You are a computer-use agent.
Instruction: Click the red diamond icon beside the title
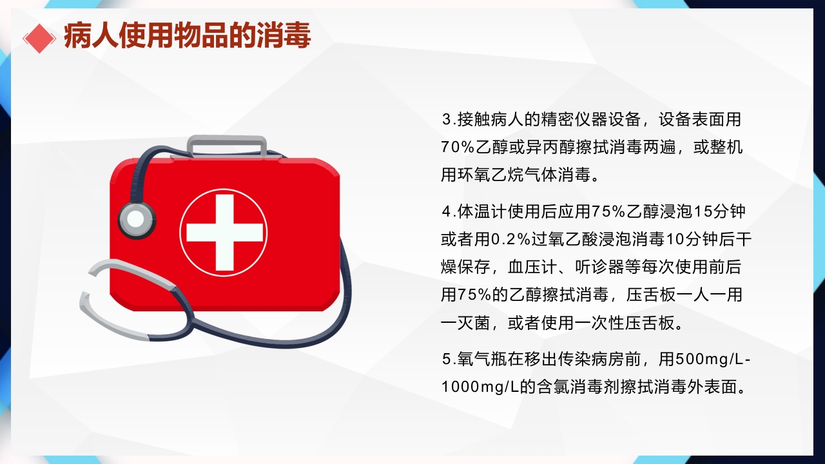[39, 37]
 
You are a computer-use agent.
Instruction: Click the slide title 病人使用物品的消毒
[187, 36]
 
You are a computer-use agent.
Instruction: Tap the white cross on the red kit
[224, 232]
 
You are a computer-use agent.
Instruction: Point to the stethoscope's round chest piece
[136, 218]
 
